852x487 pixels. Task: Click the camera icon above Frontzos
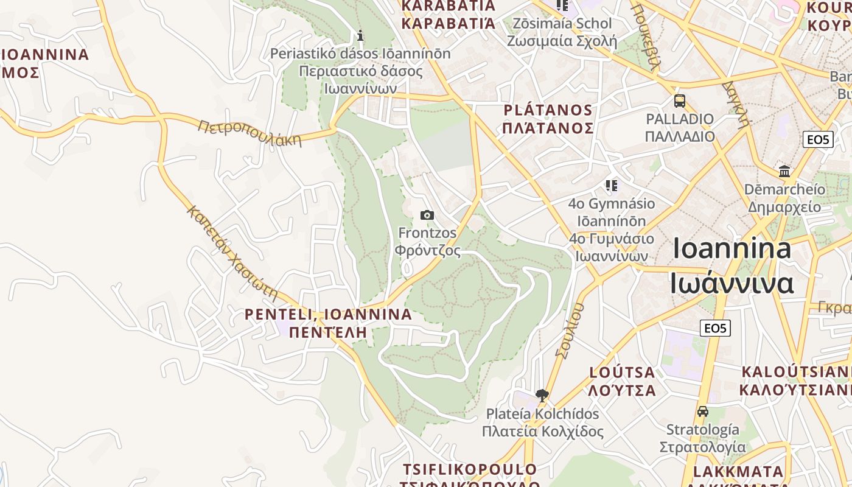(x=427, y=215)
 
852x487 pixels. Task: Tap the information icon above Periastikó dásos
(x=360, y=35)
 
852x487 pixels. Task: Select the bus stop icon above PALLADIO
(x=680, y=100)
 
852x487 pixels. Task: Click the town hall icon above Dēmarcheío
(x=784, y=171)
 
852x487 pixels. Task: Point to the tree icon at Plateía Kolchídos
(x=542, y=396)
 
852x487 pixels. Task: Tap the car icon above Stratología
(x=703, y=411)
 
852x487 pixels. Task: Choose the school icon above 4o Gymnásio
(x=612, y=185)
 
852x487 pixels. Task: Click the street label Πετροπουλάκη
(x=250, y=133)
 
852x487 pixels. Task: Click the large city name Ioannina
(x=732, y=249)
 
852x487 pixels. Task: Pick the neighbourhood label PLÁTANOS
(x=548, y=111)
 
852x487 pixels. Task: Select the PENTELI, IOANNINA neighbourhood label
(x=328, y=315)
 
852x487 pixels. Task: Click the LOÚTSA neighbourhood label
(x=622, y=373)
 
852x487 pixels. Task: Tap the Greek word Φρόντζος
(x=427, y=250)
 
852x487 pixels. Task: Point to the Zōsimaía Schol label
(x=562, y=24)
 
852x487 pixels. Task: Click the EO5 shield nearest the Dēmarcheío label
(x=817, y=139)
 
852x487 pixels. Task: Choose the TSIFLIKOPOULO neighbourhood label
(x=470, y=469)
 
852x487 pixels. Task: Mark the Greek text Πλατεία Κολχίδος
(x=542, y=432)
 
